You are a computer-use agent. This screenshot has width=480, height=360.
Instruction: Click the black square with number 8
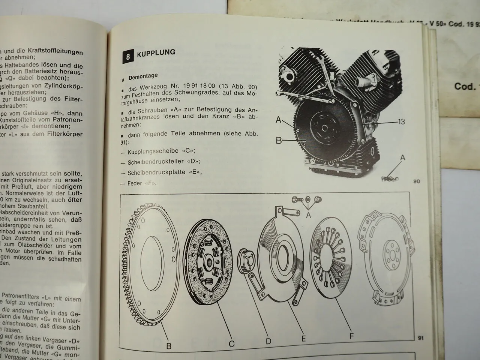click(x=128, y=57)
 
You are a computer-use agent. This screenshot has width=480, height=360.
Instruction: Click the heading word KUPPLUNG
click(x=156, y=53)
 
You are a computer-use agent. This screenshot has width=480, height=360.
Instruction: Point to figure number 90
click(x=417, y=181)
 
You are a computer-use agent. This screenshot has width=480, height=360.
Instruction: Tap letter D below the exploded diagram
click(x=268, y=341)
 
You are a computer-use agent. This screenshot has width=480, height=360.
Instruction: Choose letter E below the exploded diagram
click(x=303, y=339)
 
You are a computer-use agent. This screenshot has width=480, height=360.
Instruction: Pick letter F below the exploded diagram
click(x=351, y=336)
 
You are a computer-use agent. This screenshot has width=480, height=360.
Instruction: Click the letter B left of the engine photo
click(x=278, y=141)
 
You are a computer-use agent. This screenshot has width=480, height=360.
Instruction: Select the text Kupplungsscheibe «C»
click(x=161, y=151)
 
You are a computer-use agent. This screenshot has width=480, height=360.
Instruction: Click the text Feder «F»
click(x=142, y=183)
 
